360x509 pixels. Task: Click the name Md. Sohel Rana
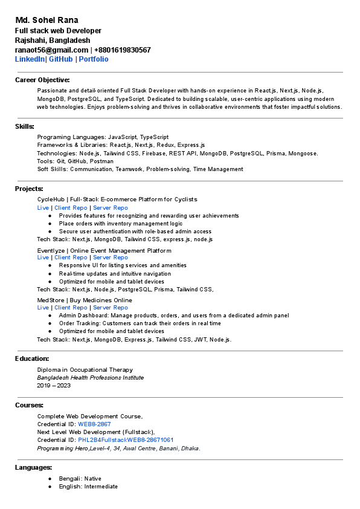[47, 20]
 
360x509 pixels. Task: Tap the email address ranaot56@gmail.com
[51, 50]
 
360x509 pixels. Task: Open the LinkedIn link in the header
[30, 59]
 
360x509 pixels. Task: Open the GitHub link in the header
[60, 59]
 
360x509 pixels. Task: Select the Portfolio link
[94, 59]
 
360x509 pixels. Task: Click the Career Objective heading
[42, 80]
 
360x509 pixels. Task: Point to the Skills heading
[25, 126]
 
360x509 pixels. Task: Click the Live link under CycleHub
[43, 207]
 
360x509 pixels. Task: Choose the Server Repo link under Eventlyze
[111, 258]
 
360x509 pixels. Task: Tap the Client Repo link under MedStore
[71, 308]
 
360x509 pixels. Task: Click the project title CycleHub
[51, 199]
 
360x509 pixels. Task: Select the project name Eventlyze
[51, 250]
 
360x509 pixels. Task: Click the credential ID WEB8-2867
[94, 424]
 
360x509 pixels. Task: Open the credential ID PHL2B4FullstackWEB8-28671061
[126, 440]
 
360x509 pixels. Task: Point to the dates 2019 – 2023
[54, 386]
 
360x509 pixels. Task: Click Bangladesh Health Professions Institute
[91, 378]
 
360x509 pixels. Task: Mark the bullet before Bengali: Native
[50, 479]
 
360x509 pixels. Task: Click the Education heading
[32, 358]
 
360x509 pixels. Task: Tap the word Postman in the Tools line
[102, 161]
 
